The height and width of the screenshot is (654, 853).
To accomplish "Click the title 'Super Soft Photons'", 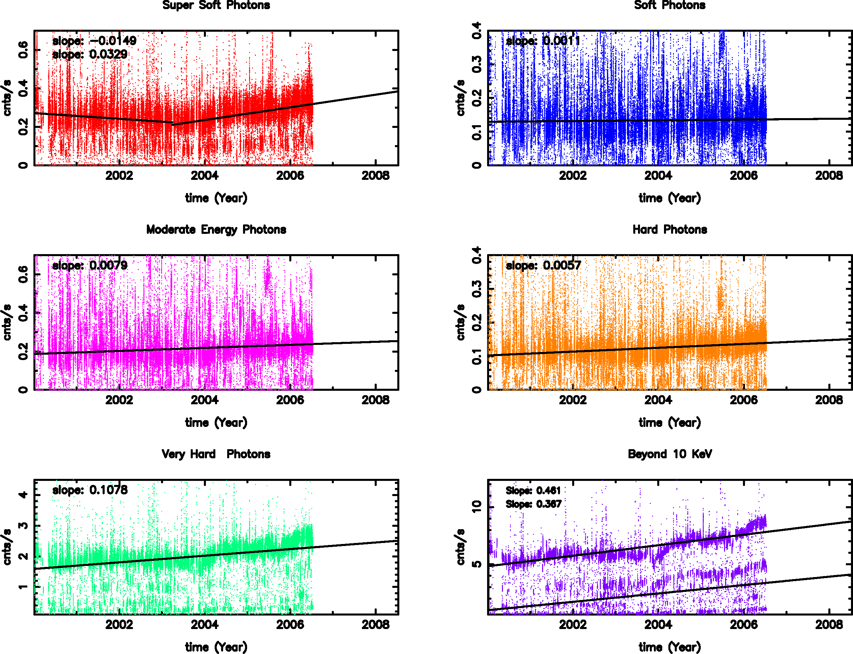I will point(216,5).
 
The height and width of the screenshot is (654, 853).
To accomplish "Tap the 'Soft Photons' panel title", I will point(670,5).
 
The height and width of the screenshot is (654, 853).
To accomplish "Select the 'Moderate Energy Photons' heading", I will point(216,230).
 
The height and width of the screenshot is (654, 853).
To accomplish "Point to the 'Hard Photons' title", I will point(670,230).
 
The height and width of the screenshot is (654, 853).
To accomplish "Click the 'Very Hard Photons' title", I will point(216,454).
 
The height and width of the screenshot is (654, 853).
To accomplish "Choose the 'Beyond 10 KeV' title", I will point(670,454).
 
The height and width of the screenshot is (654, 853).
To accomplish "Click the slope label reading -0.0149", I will point(94,40).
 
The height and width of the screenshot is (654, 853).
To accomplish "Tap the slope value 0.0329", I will point(90,54).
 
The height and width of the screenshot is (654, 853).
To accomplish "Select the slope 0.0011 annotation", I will point(543,40).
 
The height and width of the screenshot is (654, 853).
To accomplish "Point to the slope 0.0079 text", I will point(90,265).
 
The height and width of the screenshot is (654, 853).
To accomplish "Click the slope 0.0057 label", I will point(543,266).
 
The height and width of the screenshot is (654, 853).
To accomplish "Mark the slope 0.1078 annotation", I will point(90,490).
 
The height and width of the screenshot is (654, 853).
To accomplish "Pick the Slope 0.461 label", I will point(533,491).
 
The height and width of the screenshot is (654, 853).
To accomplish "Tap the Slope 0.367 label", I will point(533,504).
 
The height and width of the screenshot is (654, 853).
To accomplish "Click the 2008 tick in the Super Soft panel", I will point(375,175).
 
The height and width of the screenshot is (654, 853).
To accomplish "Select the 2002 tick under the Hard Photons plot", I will point(573,400).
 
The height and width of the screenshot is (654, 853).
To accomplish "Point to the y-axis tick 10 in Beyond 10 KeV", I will point(477,506).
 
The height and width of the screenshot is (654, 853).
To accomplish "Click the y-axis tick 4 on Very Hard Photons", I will point(23,495).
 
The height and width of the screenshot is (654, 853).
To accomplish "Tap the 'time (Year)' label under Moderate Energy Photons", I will point(216,423).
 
